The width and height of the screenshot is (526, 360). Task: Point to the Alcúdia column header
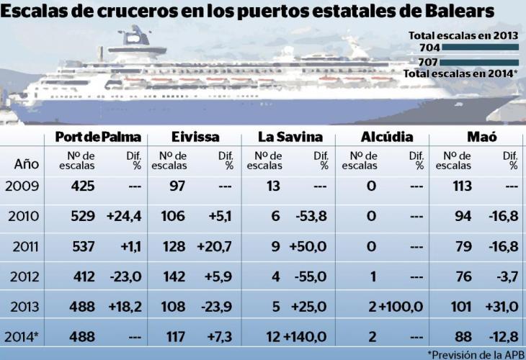(x=385, y=138)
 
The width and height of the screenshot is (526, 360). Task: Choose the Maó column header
(x=483, y=138)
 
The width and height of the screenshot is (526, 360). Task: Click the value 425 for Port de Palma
(x=84, y=186)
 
